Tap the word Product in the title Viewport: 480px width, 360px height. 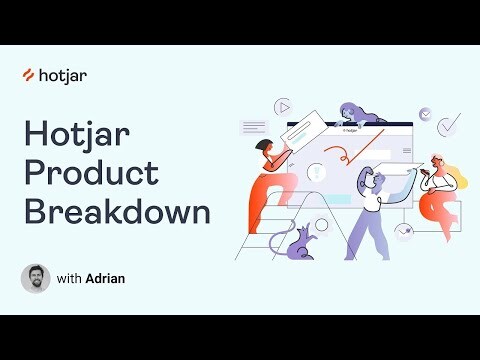[x=91, y=172]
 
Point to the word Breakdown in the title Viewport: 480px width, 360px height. [x=117, y=212]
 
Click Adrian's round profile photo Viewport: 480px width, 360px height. [x=35, y=278]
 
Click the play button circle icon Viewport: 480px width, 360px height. [x=283, y=105]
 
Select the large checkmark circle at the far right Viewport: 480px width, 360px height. [x=450, y=124]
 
